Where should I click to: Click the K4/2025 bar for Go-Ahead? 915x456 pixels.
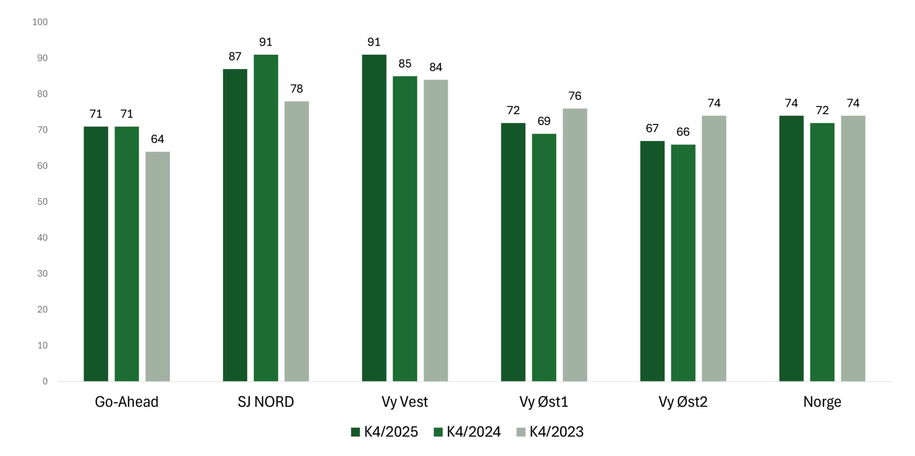pos(96,254)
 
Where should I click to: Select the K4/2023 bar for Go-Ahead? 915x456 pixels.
pos(158,266)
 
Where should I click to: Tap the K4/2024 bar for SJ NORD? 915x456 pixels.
pos(266,218)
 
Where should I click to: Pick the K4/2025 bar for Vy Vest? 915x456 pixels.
pos(374,218)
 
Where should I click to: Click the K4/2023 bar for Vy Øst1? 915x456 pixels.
pos(575,245)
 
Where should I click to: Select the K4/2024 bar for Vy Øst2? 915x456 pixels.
pos(683,263)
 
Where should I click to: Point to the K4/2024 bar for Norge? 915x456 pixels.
pos(822,252)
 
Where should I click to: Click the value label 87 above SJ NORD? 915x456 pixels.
pos(235,57)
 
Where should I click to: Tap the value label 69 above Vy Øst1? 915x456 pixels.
pos(544,121)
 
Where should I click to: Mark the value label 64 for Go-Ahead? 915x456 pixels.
pos(158,139)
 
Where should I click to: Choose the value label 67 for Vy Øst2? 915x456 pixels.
pos(652,128)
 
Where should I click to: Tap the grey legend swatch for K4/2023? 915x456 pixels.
pos(521,432)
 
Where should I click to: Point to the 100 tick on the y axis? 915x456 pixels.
pos(40,22)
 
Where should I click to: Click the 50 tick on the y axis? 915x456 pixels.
pos(42,202)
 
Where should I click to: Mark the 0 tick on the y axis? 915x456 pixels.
pos(45,381)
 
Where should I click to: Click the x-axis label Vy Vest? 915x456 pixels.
pos(405,402)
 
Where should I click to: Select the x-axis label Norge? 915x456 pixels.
pos(822,402)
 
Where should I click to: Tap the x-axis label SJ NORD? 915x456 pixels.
pos(266,402)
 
